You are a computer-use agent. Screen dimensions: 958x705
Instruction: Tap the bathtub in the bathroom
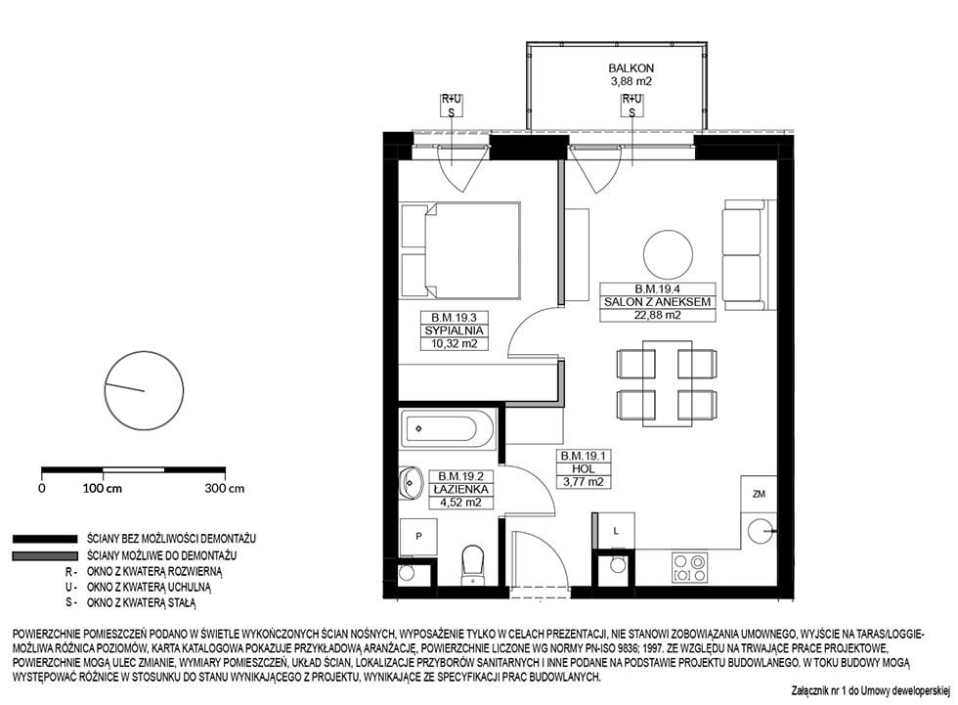coord(448,428)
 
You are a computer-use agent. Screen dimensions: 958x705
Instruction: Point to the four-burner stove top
coord(690,567)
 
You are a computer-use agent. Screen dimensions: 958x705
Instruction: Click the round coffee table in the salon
coord(668,255)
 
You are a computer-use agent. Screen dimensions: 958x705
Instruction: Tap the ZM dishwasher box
coord(759,494)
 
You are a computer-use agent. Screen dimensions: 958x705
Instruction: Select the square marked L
coord(615,531)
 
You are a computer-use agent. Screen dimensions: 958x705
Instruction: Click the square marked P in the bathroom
coord(418,537)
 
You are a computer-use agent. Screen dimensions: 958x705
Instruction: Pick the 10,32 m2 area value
coord(454,343)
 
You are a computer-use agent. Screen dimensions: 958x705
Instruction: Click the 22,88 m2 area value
coord(657,315)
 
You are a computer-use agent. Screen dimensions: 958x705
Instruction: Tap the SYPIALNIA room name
coord(454,330)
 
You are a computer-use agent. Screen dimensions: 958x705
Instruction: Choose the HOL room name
coord(584,468)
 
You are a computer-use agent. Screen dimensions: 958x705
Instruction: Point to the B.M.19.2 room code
coord(460,476)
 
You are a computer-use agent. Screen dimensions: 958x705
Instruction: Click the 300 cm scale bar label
coord(224,488)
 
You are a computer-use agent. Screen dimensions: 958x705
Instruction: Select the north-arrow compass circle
coord(145,390)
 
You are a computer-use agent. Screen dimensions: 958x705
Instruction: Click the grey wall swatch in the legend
coord(45,556)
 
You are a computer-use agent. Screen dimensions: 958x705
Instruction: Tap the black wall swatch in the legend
coord(45,539)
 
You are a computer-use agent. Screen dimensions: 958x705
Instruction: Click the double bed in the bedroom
coord(460,251)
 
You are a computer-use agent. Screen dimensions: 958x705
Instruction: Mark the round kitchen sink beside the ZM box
coord(760,530)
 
